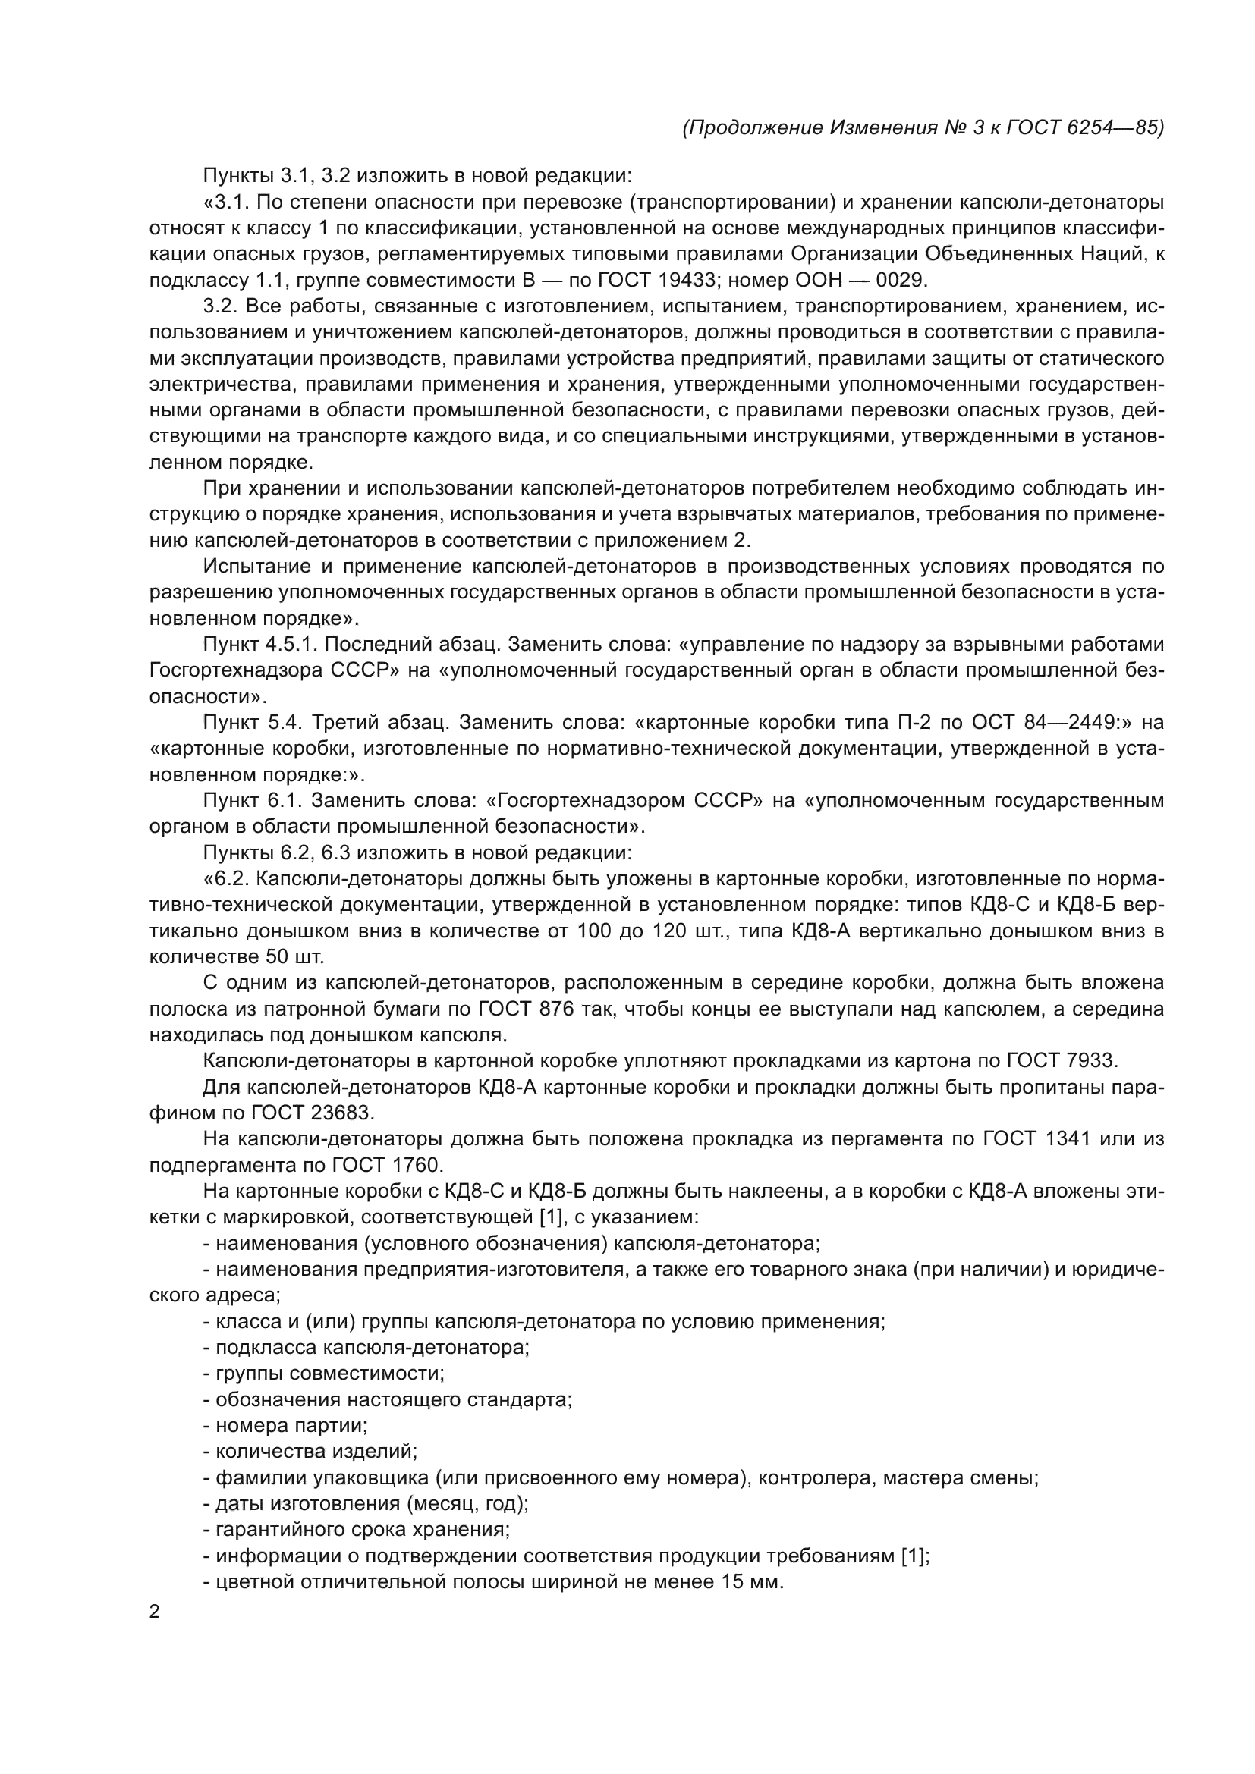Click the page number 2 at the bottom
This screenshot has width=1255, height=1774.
tap(155, 1612)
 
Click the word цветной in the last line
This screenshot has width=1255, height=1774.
tap(252, 1581)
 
